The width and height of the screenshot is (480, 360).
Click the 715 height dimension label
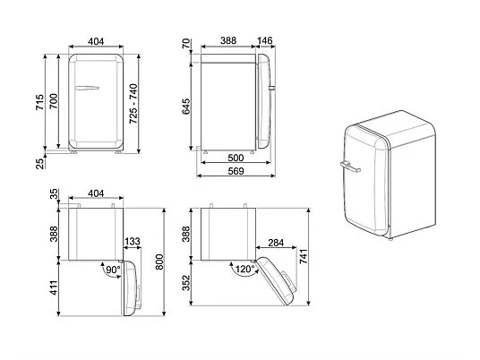(39, 103)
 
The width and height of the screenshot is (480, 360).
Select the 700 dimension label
(53, 101)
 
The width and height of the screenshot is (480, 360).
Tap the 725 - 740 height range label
(133, 104)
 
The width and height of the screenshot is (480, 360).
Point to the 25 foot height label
(39, 164)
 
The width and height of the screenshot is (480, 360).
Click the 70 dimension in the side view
(186, 44)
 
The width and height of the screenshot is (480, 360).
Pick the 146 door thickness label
(265, 40)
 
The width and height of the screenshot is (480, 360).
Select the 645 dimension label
(186, 107)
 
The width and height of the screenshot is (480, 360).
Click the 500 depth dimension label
(236, 158)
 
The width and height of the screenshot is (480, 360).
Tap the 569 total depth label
(236, 171)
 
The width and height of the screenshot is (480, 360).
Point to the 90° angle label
(113, 270)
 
